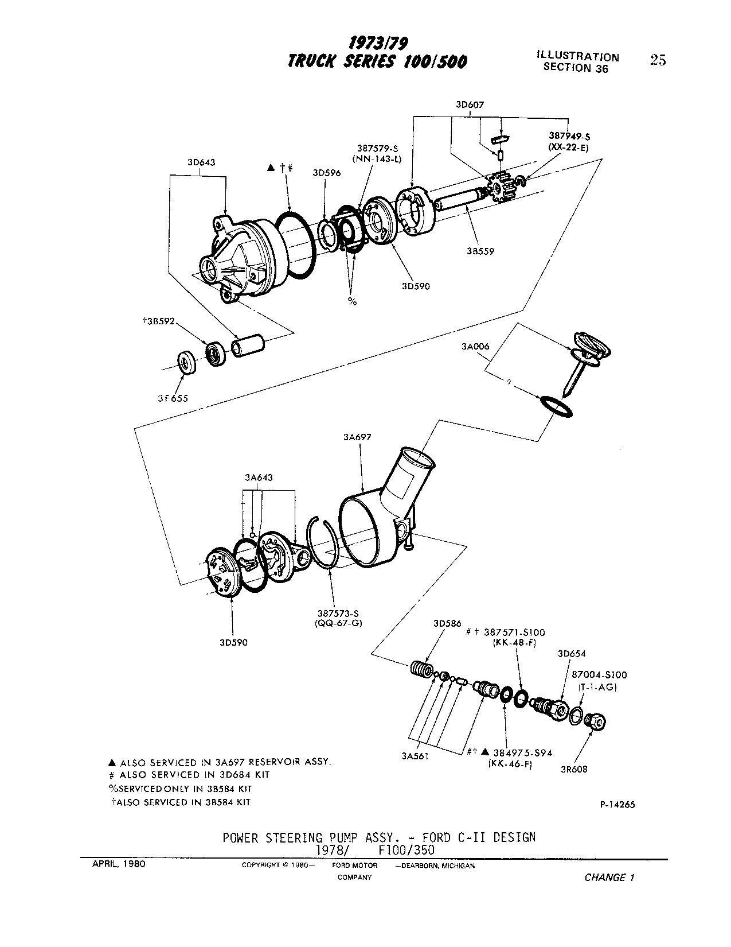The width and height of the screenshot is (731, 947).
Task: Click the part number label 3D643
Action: pyautogui.click(x=201, y=162)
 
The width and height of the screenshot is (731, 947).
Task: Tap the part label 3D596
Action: pyautogui.click(x=327, y=173)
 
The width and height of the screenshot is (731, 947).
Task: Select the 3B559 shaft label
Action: pyautogui.click(x=480, y=251)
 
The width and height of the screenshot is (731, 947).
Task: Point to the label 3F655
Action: pyautogui.click(x=173, y=398)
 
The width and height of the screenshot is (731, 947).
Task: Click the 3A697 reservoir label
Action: pyautogui.click(x=357, y=437)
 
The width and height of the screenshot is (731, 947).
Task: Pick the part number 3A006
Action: pyautogui.click(x=475, y=347)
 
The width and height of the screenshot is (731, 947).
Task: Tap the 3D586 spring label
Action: pyautogui.click(x=447, y=624)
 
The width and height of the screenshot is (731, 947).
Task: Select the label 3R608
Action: pyautogui.click(x=574, y=769)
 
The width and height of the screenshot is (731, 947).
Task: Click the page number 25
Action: pyautogui.click(x=658, y=60)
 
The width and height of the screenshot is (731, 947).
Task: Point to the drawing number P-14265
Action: pyautogui.click(x=617, y=805)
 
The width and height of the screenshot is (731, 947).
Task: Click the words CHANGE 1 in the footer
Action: pyautogui.click(x=609, y=878)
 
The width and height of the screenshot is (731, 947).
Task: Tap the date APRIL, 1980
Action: pyautogui.click(x=119, y=864)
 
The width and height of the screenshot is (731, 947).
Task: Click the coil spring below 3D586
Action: pyautogui.click(x=423, y=669)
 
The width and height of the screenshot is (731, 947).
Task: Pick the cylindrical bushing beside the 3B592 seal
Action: pyautogui.click(x=248, y=345)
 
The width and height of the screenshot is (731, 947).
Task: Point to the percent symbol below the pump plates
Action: pyautogui.click(x=352, y=301)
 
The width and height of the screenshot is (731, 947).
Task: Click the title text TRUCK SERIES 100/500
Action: pyautogui.click(x=377, y=61)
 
